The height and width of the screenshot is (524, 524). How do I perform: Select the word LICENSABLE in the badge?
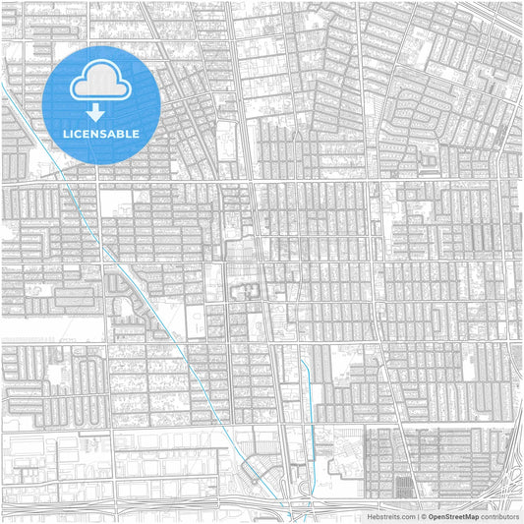pyautogui.click(x=101, y=134)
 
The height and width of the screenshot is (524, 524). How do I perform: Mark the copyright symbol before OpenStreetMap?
pyautogui.click(x=424, y=516)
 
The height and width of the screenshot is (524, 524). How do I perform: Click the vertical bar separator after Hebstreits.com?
pyautogui.click(x=418, y=516)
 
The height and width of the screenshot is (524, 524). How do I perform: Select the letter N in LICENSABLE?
pyautogui.click(x=94, y=134)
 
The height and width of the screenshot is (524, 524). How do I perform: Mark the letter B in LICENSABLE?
pyautogui.click(x=121, y=134)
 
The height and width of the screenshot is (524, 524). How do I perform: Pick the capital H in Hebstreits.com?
pyautogui.click(x=371, y=516)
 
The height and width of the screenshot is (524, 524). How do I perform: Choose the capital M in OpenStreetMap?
pyautogui.click(x=468, y=516)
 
